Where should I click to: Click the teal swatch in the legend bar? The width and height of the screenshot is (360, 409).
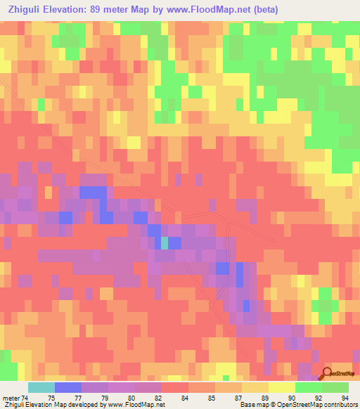[41, 387]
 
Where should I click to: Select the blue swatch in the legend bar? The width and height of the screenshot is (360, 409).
[67, 387]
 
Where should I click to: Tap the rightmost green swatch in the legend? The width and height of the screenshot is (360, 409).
[335, 387]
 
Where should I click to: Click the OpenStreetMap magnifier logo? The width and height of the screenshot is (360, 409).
[326, 374]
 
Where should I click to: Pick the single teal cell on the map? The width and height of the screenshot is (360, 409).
[165, 243]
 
